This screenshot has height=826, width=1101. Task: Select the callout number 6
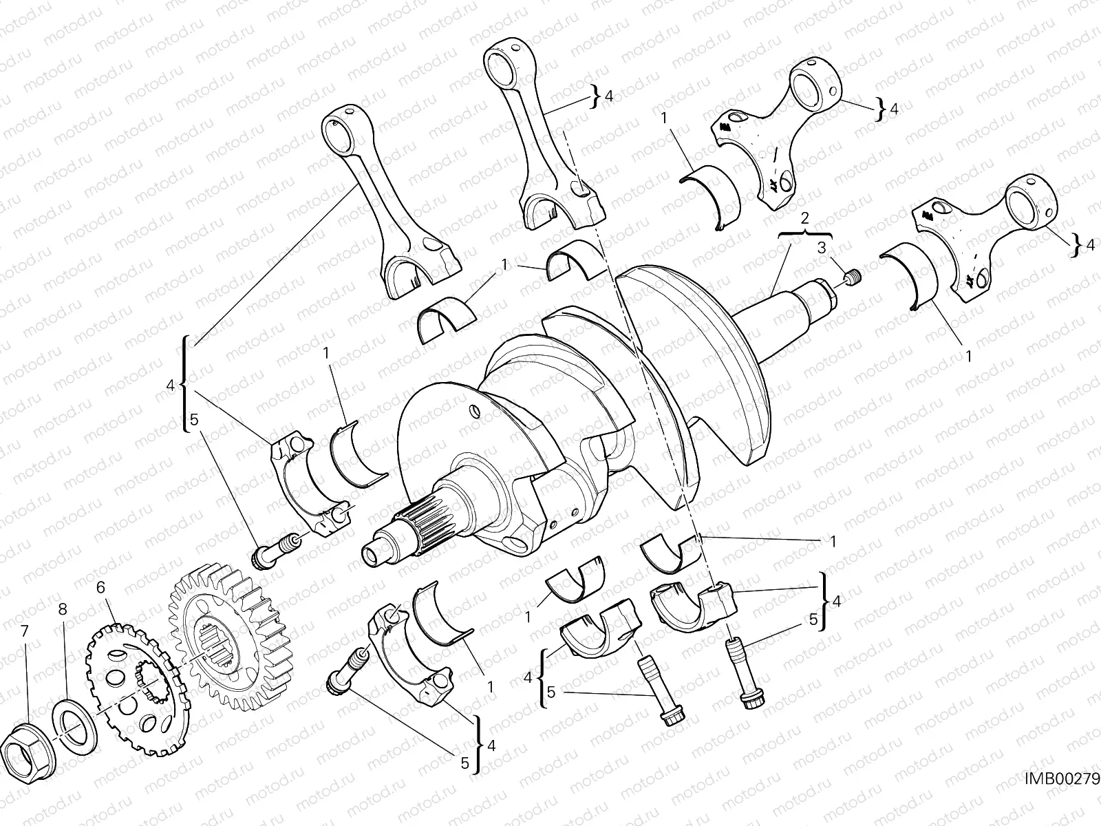click(100, 588)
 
